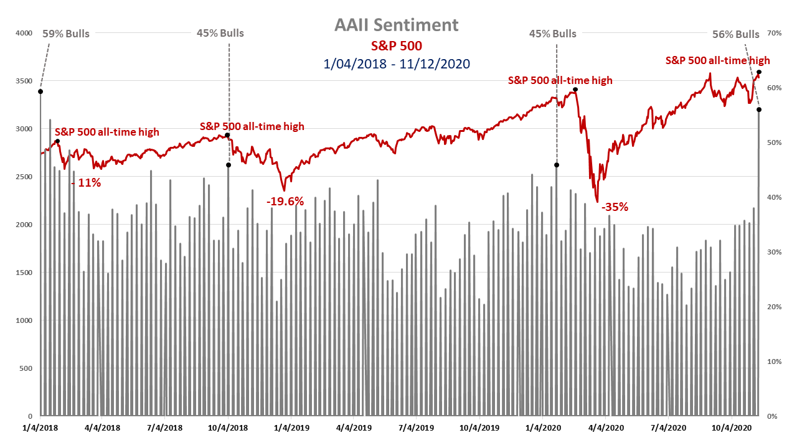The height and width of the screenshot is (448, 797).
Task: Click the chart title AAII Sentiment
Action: pyautogui.click(x=396, y=25)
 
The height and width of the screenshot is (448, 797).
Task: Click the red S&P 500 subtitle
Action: pyautogui.click(x=396, y=46)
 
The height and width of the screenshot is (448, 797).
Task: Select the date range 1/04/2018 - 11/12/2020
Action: pyautogui.click(x=396, y=63)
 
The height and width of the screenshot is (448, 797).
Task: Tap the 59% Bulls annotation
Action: pyautogui.click(x=65, y=34)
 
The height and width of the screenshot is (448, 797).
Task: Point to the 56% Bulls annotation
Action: pyautogui.click(x=735, y=34)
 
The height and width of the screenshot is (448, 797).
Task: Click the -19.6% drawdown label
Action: pyautogui.click(x=285, y=201)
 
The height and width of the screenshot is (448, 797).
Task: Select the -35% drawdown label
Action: pyautogui.click(x=615, y=207)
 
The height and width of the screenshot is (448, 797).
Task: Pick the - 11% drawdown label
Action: pyautogui.click(x=86, y=183)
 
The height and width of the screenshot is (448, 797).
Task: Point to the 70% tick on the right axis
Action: pyautogui.click(x=774, y=33)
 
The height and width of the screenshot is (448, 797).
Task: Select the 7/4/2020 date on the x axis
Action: pyautogui.click(x=667, y=428)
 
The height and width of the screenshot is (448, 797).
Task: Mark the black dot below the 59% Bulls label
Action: pyautogui.click(x=40, y=91)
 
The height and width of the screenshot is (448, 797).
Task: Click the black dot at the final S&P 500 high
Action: pyautogui.click(x=759, y=72)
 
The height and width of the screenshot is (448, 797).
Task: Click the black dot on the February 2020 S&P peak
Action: pyautogui.click(x=575, y=90)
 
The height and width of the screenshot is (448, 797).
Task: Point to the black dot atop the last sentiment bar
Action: pyautogui.click(x=758, y=110)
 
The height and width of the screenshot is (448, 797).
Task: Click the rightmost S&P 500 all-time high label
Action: pyautogui.click(x=717, y=60)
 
